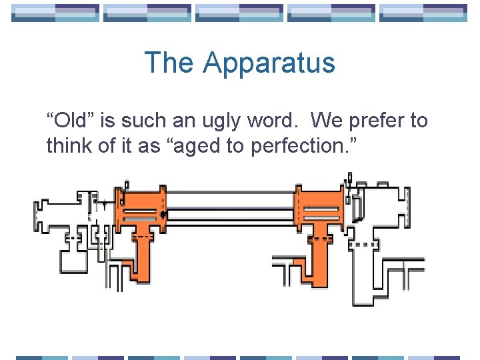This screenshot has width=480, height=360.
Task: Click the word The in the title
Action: point(170,63)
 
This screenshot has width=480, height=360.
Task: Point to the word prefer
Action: point(379,121)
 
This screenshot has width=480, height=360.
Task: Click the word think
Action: point(67,145)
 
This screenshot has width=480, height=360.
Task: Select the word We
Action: point(325,121)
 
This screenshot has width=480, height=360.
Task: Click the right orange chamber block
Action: point(320,207)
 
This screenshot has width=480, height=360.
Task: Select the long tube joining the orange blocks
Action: point(231,200)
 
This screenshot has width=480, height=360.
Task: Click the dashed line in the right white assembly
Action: point(364,245)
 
